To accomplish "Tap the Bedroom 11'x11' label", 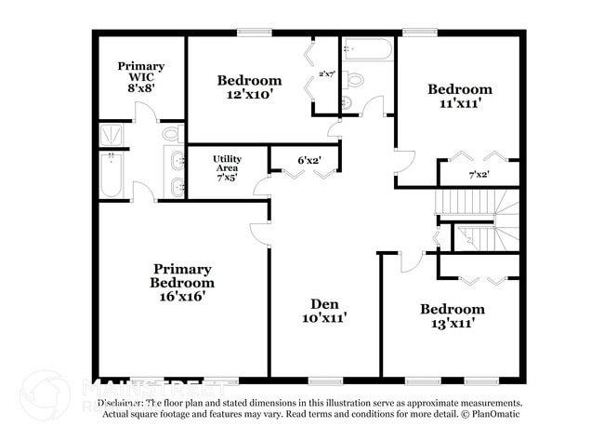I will (x=459, y=97).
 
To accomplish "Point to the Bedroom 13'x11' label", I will (x=452, y=316).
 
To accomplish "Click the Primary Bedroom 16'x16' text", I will (x=183, y=282).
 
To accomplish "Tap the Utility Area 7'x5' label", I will (x=227, y=168).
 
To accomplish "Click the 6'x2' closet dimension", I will (x=309, y=160).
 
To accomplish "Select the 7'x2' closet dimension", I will (x=479, y=174).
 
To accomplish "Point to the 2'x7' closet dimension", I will (x=326, y=73).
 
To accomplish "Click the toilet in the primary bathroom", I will (x=171, y=135).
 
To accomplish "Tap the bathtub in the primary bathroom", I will (x=112, y=177).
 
